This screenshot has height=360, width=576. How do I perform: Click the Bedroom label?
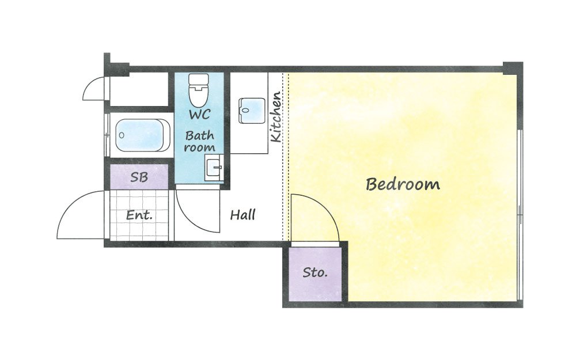pos(403,184)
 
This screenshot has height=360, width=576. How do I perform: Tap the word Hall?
pos(242,215)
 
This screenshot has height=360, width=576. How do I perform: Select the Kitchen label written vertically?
pos(276,117)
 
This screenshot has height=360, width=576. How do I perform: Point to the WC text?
pos(199,114)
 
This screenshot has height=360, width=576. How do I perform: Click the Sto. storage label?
pos(315,272)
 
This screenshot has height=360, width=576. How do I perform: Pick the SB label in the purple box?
pos(139,177)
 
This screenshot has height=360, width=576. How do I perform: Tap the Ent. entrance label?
pos(139,215)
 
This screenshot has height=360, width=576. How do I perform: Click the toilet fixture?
pos(198,90)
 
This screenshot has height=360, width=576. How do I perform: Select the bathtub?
pos(142,135)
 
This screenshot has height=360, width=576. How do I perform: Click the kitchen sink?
pos(252,111)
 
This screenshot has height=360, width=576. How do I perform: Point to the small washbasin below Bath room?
pos(214,168)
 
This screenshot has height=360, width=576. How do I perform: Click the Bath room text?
pos(199,142)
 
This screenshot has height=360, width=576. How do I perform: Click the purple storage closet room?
pos(315,274)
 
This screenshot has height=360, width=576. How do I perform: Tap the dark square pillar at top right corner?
pos(513,69)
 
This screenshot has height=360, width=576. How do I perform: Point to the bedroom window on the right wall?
pos(520,215)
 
